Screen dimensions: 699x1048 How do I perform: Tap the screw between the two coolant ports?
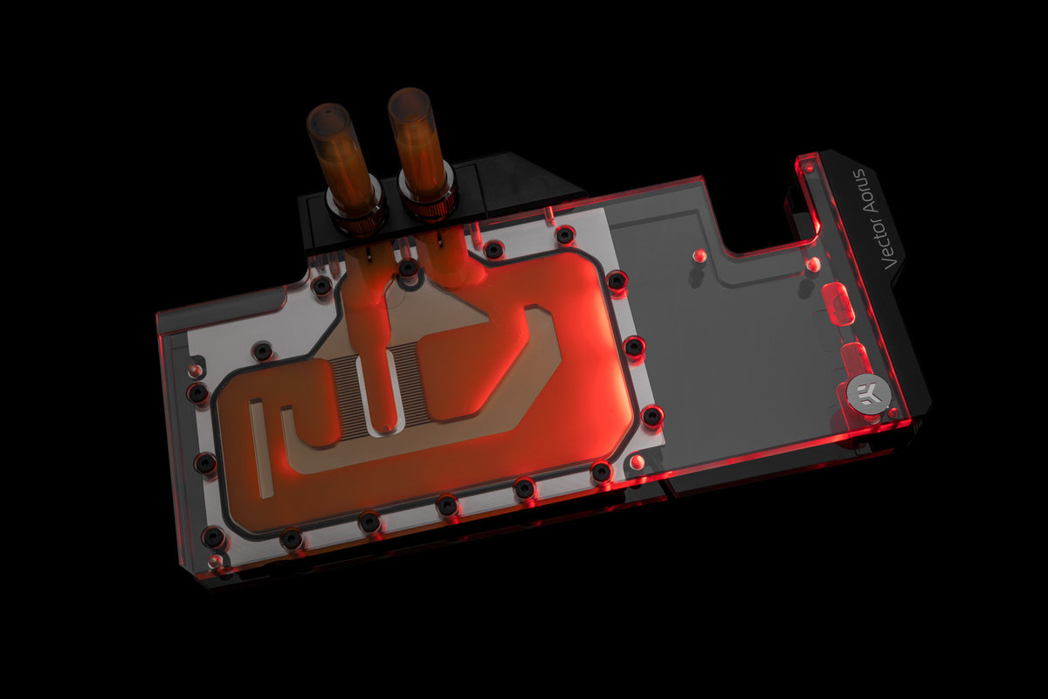pos(407,269)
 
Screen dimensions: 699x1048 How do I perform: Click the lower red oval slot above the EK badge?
pos(855,357)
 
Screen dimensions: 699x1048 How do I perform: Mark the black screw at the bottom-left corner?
pos(212,536)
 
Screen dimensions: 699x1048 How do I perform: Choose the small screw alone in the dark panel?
pos(699,256)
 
